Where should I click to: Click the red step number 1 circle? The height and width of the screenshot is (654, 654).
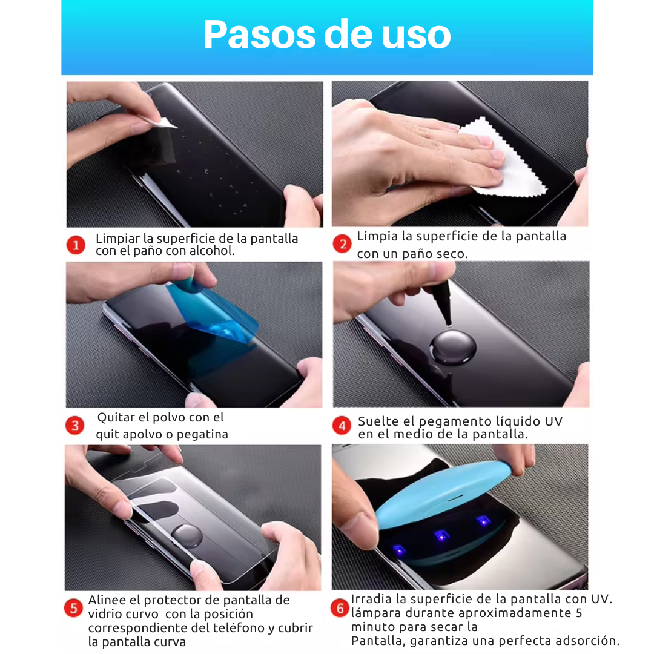click(x=76, y=245)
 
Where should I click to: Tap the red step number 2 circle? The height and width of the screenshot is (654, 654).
click(x=342, y=243)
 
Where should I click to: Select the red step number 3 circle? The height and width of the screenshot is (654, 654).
click(x=75, y=426)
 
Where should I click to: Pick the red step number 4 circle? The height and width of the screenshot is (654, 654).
click(x=342, y=426)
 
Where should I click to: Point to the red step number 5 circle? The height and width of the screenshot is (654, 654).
click(x=73, y=608)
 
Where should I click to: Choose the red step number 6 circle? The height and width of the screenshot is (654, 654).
click(x=340, y=608)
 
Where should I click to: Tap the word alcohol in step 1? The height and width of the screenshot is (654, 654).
click(x=212, y=251)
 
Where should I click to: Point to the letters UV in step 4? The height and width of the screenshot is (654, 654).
click(x=554, y=421)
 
